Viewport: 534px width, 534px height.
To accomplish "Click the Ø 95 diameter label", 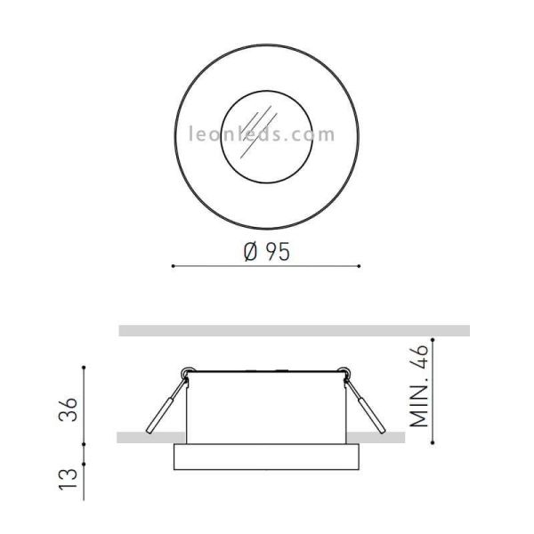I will point(265,252).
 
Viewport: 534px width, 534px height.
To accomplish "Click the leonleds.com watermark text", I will point(263,135).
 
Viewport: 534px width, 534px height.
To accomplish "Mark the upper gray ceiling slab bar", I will point(294,330).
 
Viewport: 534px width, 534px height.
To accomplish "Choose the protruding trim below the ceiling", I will point(265,457).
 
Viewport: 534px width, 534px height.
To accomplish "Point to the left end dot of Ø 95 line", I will point(172,265).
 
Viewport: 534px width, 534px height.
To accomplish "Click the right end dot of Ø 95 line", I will point(359,265).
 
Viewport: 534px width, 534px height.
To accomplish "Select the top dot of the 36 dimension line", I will point(84,367).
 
